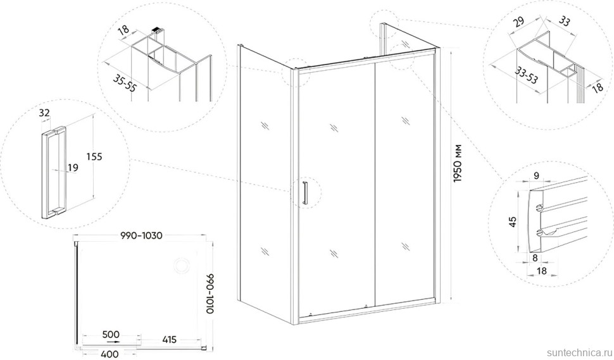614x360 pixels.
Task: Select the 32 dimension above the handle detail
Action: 44,113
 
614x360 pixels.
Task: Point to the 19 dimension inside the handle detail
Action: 73,168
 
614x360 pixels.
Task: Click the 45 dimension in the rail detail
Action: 513,221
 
